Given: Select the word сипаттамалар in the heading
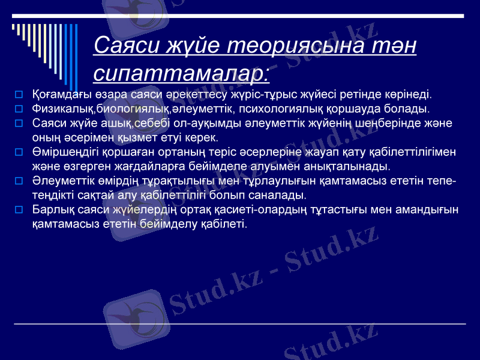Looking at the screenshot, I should pos(181,73).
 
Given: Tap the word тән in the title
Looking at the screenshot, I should pos(394,46).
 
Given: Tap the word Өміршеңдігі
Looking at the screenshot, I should pos(64,152).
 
